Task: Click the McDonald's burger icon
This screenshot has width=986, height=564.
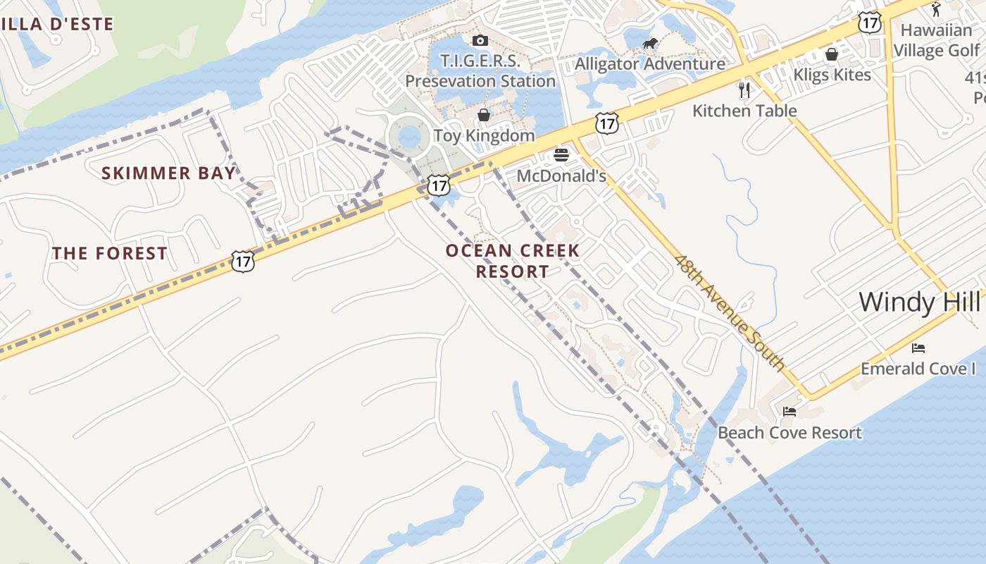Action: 561,154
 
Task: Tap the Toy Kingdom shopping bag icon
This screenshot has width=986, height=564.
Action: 484,114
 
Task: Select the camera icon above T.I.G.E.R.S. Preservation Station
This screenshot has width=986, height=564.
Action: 480,40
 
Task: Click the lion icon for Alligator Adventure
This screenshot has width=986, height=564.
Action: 649,44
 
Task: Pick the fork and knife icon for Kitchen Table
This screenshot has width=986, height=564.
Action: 744,90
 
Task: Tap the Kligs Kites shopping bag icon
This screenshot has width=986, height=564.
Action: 832,54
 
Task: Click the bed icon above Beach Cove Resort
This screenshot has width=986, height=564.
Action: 790,412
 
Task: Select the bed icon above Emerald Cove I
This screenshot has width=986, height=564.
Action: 918,348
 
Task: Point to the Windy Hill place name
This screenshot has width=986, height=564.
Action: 919,302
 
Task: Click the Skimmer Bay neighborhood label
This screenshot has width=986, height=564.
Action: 168,173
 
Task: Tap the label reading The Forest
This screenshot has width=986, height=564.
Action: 110,254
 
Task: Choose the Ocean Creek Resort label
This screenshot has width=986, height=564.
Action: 513,261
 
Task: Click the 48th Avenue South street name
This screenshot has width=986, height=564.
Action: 729,312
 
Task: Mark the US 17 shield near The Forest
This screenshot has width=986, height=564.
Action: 242,262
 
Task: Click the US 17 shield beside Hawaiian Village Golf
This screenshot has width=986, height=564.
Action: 870,22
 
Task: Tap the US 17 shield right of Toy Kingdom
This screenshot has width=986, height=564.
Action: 606,123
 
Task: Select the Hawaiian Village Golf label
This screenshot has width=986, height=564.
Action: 937,40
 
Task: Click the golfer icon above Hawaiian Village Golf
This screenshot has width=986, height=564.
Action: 936,9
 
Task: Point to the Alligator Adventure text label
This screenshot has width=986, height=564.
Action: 650,64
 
